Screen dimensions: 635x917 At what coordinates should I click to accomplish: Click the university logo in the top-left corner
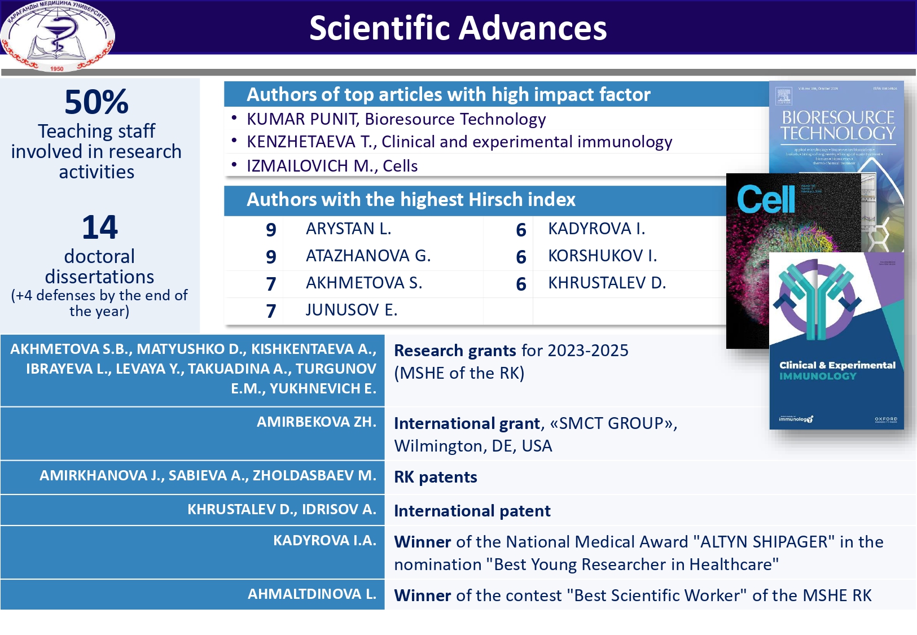57,36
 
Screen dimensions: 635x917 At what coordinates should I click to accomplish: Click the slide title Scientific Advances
458,28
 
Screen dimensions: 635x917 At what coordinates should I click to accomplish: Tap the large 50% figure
96,102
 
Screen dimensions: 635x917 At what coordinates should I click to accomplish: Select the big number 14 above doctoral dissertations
99,227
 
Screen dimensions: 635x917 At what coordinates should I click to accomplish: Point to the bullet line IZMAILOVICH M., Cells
332,166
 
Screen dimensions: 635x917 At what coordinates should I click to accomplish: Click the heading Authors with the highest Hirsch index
411,200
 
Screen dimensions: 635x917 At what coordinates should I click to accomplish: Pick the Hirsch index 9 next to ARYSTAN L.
271,230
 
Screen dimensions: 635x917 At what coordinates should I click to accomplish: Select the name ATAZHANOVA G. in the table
368,256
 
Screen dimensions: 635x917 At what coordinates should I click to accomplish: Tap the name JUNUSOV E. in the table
351,310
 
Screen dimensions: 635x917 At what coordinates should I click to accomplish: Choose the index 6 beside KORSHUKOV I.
521,257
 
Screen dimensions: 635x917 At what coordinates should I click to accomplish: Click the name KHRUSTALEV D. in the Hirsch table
607,283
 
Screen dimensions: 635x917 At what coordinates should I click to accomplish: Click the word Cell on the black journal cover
765,199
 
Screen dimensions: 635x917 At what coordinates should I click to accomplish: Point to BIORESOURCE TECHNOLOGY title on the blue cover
837,125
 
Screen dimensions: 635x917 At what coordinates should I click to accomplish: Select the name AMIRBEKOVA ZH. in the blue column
316,422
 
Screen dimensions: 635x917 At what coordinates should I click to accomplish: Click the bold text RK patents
435,478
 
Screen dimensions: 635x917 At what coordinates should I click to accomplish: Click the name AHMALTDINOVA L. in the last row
311,594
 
